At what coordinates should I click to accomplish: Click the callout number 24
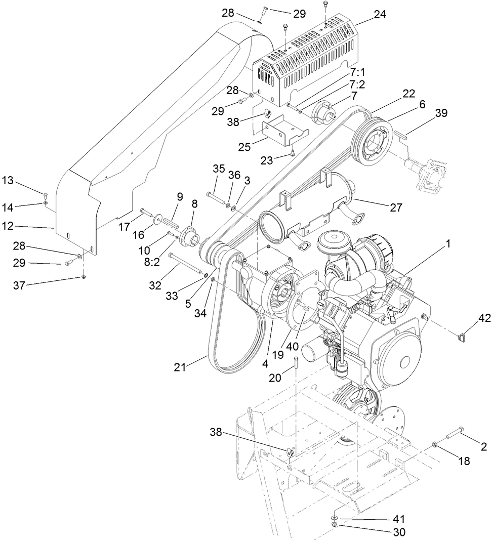click(x=379, y=15)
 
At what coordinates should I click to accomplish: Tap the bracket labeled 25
click(x=283, y=129)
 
